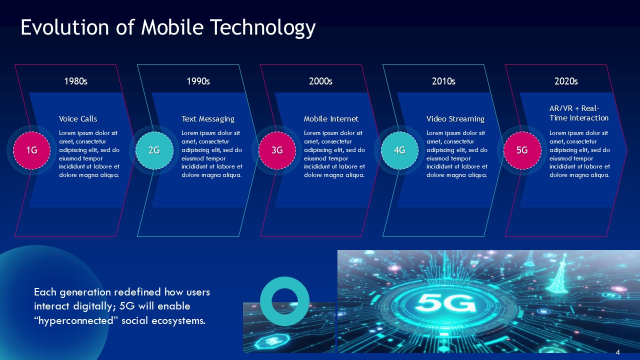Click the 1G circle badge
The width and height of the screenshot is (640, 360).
point(31,150)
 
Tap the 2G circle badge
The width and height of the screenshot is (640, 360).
point(154,150)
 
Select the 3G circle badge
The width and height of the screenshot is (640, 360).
point(277,150)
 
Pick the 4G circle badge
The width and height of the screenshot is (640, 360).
point(399,150)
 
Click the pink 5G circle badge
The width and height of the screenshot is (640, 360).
point(522,150)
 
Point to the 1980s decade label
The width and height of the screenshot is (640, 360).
point(76,81)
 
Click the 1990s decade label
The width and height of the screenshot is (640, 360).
point(198,81)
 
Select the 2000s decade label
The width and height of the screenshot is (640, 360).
point(321,81)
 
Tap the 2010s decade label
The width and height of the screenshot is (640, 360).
point(443,81)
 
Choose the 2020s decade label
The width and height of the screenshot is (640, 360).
point(566,81)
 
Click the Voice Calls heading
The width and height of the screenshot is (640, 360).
point(78,119)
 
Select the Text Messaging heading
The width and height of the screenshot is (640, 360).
point(208,119)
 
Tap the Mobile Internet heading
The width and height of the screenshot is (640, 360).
point(331,119)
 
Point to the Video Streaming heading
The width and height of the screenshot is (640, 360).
point(455,119)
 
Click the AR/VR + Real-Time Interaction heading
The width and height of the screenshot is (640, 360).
point(578,113)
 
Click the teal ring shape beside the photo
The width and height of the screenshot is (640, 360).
point(285,301)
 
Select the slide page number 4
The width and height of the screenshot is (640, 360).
point(618,352)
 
